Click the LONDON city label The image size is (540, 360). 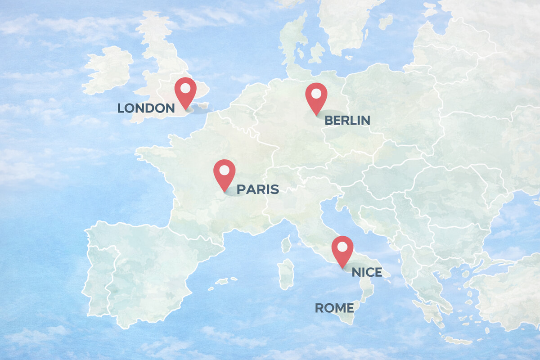click(146, 108)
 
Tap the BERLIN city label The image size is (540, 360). click(347, 120)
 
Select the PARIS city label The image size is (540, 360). click(257, 189)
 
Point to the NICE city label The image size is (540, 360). click(367, 272)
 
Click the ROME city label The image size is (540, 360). click(334, 308)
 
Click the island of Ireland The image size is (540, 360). click(108, 70)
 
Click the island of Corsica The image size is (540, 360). click(286, 244)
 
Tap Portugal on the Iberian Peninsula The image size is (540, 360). click(95, 274)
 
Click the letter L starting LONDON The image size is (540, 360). click(121, 108)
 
